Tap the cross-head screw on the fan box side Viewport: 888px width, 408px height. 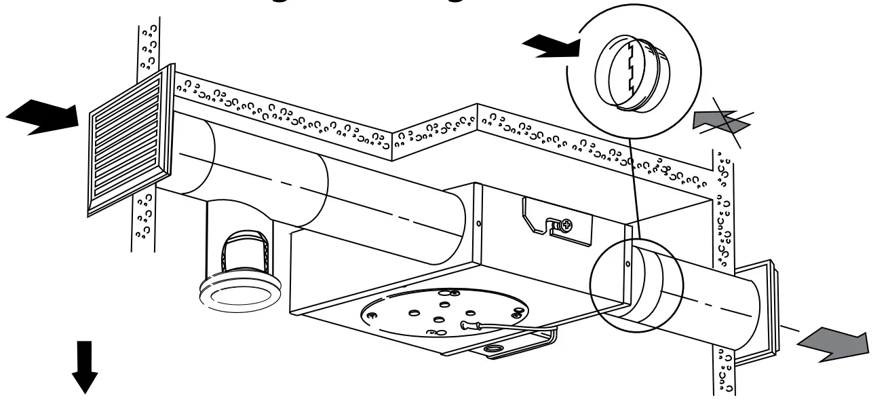(565, 223)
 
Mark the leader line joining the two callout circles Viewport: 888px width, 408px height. (634, 183)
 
